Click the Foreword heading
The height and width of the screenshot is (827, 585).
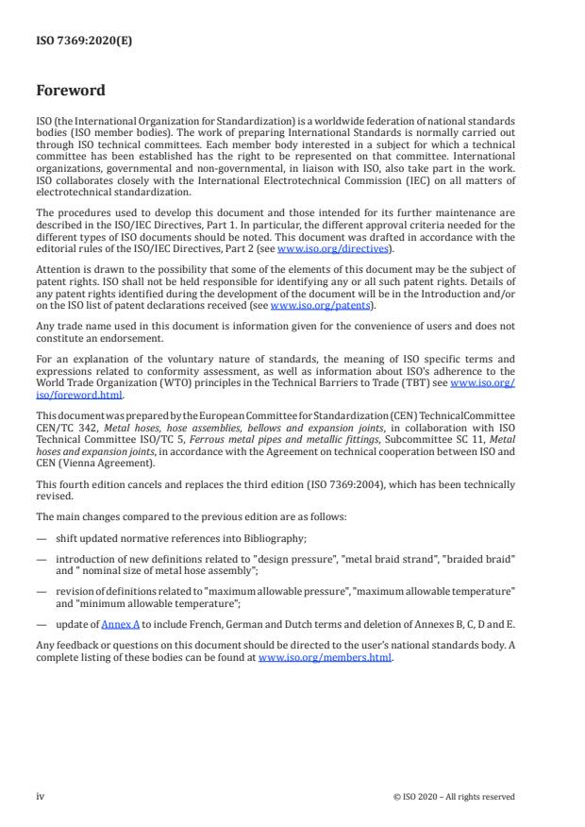71,92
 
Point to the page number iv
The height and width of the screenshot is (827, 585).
41,796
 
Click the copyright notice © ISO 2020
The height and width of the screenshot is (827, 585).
454,796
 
